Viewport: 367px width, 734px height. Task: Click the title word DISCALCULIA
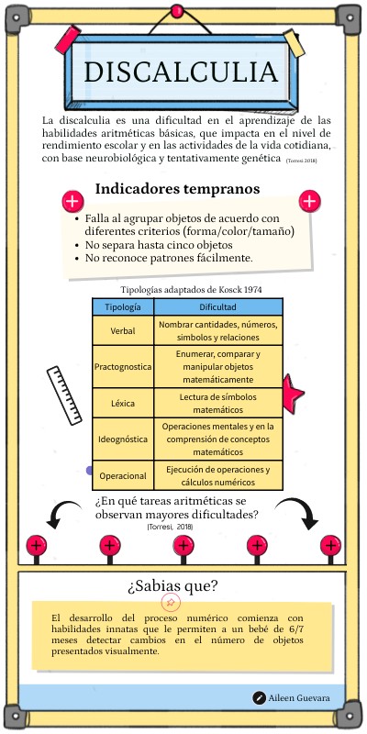[181, 72]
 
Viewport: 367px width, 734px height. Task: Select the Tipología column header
[123, 307]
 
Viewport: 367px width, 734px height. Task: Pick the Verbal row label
[123, 330]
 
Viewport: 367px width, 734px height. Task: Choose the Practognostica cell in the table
[123, 367]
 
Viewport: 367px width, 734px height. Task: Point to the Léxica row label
[123, 403]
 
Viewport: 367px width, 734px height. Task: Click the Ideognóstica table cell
[123, 439]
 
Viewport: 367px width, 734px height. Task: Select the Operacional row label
[123, 476]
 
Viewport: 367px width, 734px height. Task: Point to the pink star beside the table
[292, 394]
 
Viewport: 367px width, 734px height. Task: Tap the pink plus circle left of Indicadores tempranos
[72, 202]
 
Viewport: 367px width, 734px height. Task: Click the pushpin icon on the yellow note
[170, 603]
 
